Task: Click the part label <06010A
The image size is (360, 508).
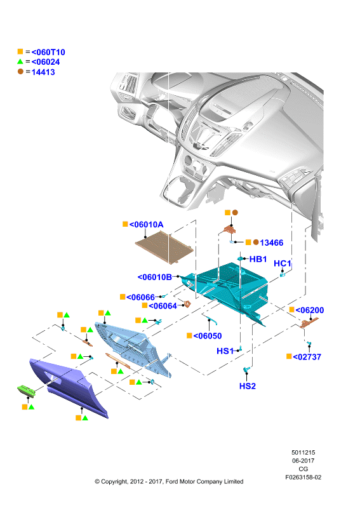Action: tap(146, 225)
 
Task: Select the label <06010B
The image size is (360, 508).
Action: tap(155, 277)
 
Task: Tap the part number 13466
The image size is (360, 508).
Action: tap(272, 243)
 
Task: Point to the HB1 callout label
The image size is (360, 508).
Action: tap(258, 259)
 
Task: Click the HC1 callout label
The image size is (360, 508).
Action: tap(283, 264)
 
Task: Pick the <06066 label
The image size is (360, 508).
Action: tap(140, 297)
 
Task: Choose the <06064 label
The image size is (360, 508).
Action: tap(163, 306)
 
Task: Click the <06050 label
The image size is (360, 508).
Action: tap(208, 336)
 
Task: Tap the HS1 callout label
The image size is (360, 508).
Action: tap(225, 351)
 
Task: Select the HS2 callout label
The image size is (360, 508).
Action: tap(248, 386)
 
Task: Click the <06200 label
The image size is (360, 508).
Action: tap(310, 310)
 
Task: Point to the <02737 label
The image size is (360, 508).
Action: tap(307, 357)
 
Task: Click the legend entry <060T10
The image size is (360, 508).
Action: tap(48, 52)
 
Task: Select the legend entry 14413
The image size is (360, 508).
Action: tap(43, 72)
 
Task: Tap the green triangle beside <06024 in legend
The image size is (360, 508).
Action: tap(20, 61)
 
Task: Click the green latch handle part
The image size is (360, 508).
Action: tap(26, 391)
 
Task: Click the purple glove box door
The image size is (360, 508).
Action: tap(69, 387)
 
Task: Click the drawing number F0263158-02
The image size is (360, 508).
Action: tap(303, 478)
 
